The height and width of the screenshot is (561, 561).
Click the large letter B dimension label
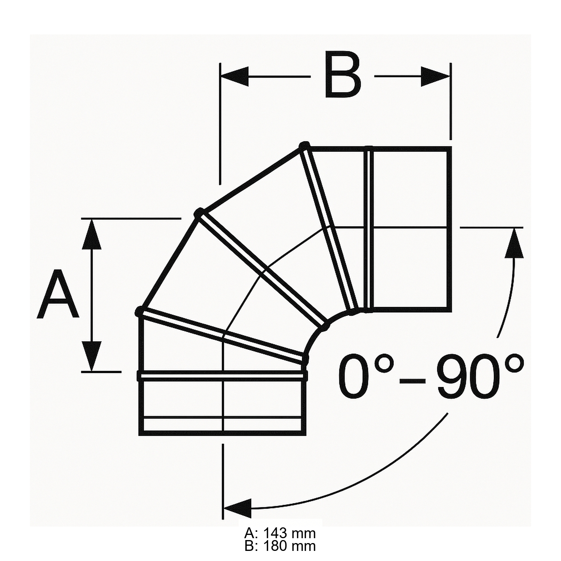343,76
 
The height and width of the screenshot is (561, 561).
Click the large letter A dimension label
58,294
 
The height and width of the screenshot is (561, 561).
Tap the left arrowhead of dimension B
235,76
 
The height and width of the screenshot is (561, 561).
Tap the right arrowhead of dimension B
435,76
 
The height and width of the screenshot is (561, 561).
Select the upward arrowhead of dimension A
91,234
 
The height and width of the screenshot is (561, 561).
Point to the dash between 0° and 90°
413,381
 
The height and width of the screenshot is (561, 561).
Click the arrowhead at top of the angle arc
514,243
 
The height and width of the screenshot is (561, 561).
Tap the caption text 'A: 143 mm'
280,533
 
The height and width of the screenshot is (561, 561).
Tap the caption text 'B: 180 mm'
280,546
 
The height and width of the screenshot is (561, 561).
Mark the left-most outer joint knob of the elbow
139,310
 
